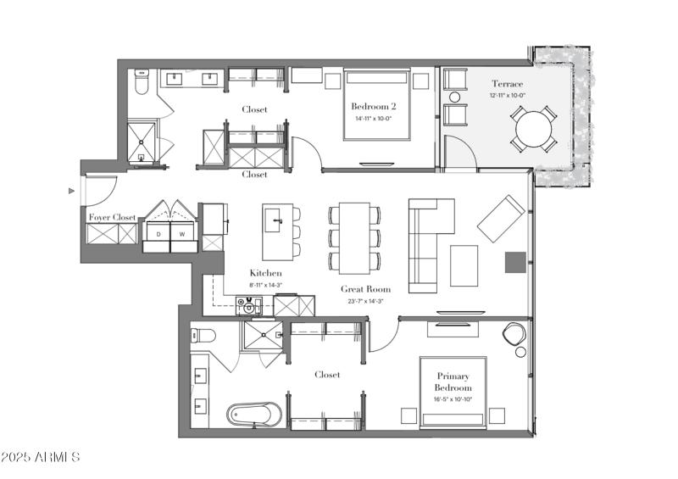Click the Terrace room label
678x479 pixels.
pyautogui.click(x=508, y=84)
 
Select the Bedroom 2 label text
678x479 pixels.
pyautogui.click(x=375, y=107)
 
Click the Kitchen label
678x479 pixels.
pyautogui.click(x=265, y=273)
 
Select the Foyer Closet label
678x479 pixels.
pyautogui.click(x=113, y=218)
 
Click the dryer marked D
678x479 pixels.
pyautogui.click(x=158, y=233)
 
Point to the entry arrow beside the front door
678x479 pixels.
pyautogui.click(x=71, y=192)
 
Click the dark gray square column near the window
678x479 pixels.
pyautogui.click(x=514, y=262)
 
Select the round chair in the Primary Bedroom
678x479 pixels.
pyautogui.click(x=514, y=334)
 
